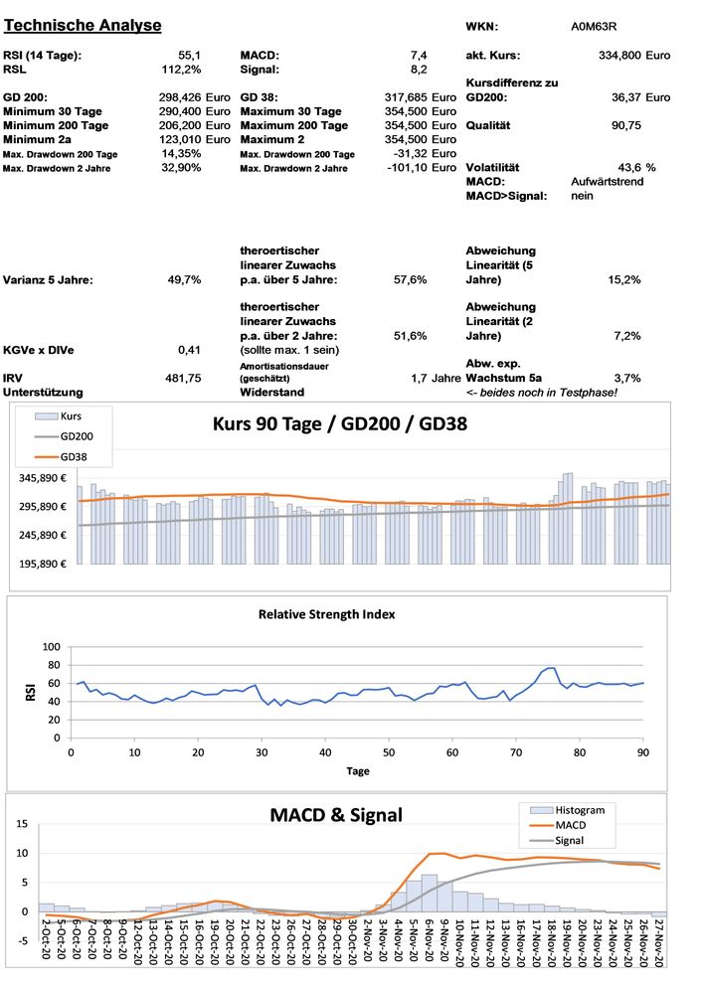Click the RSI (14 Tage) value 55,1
click(189, 55)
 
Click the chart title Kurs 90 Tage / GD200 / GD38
click(340, 423)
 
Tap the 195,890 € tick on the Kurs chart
click(37, 564)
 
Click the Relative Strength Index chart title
click(327, 614)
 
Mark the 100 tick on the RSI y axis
click(51, 647)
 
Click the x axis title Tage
click(358, 770)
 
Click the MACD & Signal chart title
click(336, 815)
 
